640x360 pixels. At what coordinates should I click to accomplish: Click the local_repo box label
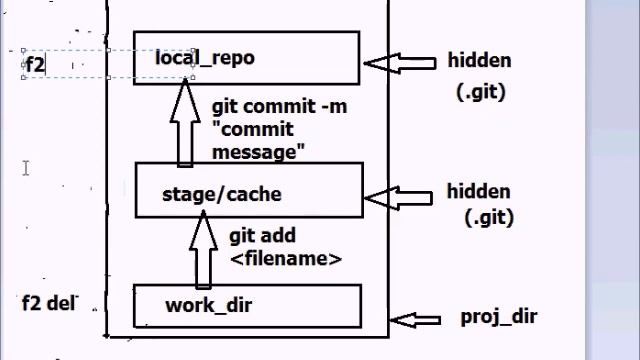pyautogui.click(x=204, y=58)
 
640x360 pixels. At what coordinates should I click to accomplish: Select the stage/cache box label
pyautogui.click(x=207, y=194)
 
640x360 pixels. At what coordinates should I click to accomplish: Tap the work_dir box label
pyautogui.click(x=208, y=304)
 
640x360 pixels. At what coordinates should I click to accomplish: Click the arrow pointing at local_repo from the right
pyautogui.click(x=399, y=63)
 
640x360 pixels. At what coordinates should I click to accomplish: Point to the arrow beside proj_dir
pyautogui.click(x=415, y=320)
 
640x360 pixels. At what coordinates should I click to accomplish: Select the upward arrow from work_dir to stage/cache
pyautogui.click(x=204, y=250)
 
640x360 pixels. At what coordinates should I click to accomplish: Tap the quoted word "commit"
pyautogui.click(x=252, y=130)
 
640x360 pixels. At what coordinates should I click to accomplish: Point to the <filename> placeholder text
pyautogui.click(x=286, y=258)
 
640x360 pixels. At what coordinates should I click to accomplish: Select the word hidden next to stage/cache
pyautogui.click(x=478, y=191)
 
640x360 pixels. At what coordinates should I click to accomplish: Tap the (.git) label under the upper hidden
pyautogui.click(x=480, y=92)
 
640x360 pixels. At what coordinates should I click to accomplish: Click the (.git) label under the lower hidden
pyautogui.click(x=486, y=216)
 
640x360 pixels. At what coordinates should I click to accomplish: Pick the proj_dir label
pyautogui.click(x=498, y=317)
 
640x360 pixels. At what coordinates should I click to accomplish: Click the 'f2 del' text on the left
pyautogui.click(x=49, y=302)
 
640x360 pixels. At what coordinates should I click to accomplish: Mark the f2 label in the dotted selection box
pyautogui.click(x=35, y=65)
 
